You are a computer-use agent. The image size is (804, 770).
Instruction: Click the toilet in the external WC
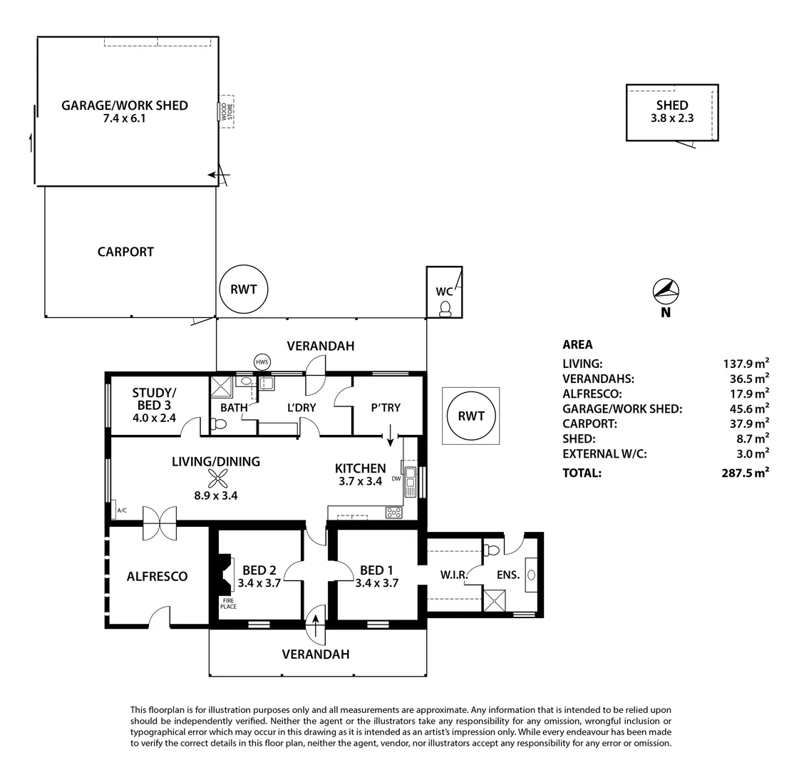point(445,308)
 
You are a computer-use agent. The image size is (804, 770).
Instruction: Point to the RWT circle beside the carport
point(243,289)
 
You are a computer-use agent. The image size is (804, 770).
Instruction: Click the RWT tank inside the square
point(471,416)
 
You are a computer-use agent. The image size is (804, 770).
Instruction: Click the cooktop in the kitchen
point(393,511)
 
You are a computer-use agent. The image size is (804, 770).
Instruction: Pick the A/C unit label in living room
point(121,510)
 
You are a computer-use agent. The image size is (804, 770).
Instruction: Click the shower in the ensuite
point(493,601)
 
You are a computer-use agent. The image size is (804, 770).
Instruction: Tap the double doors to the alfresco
point(159,524)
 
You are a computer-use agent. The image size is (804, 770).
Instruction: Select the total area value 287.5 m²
point(745,472)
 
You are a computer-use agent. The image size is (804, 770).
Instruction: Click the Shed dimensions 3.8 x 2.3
point(671,118)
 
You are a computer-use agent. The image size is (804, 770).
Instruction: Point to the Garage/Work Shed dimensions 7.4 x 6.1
point(124,118)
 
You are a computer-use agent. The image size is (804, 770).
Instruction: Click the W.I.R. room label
point(453,575)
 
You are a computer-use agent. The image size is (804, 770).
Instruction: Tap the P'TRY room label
point(386,408)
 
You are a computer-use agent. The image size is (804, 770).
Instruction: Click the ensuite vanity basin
point(531,576)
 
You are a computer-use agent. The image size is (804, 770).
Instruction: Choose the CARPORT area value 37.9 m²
point(746,423)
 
